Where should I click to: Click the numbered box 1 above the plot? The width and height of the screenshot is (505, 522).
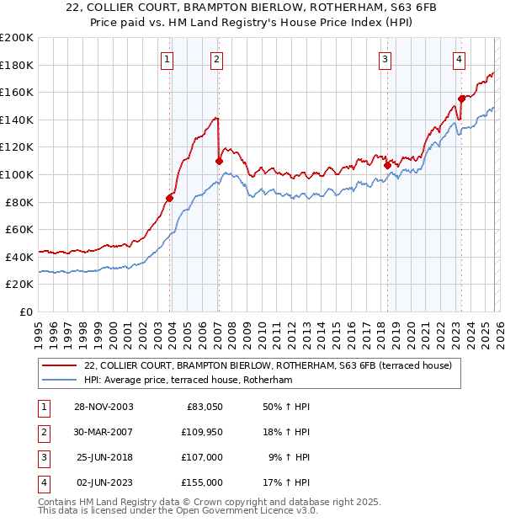(x=168, y=59)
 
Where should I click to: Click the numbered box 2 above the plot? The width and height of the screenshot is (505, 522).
(x=217, y=59)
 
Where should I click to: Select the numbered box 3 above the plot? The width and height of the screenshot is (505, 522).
(x=385, y=59)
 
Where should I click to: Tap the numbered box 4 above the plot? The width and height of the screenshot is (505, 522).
(x=459, y=59)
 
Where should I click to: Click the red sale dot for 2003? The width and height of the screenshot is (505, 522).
(x=170, y=198)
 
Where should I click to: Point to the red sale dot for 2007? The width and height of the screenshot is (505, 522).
(x=219, y=161)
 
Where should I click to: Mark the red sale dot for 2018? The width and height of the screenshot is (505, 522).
(x=387, y=165)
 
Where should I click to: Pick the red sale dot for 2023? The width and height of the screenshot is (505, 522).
(x=461, y=99)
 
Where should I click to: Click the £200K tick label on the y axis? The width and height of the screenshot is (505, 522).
(x=17, y=38)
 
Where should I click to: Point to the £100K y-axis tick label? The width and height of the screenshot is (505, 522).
(x=17, y=174)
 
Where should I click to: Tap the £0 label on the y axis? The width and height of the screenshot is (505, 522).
(x=25, y=312)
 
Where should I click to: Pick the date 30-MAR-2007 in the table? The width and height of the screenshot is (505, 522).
(x=104, y=432)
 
